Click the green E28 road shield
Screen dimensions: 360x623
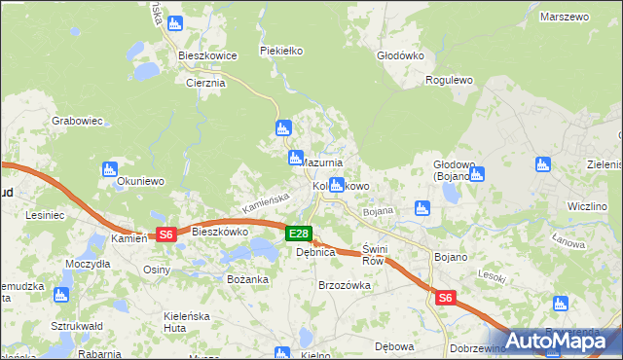(299, 234)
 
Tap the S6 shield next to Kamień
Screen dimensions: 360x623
(165, 234)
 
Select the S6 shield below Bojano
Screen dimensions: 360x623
(446, 299)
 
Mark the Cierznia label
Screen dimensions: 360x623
(205, 83)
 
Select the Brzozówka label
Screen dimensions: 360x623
(345, 285)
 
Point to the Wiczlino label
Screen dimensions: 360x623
(587, 207)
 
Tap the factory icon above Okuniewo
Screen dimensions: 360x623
(109, 169)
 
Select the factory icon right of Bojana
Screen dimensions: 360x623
(421, 207)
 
